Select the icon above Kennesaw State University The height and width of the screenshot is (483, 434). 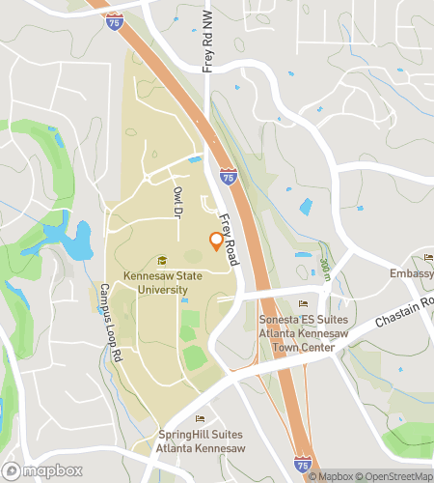[161, 259]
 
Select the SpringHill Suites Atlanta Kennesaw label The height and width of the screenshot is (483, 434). [202, 441]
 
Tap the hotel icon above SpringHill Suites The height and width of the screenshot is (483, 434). [201, 418]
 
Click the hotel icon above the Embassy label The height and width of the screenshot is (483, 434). [428, 257]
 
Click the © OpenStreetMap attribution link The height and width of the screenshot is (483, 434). [393, 475]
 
